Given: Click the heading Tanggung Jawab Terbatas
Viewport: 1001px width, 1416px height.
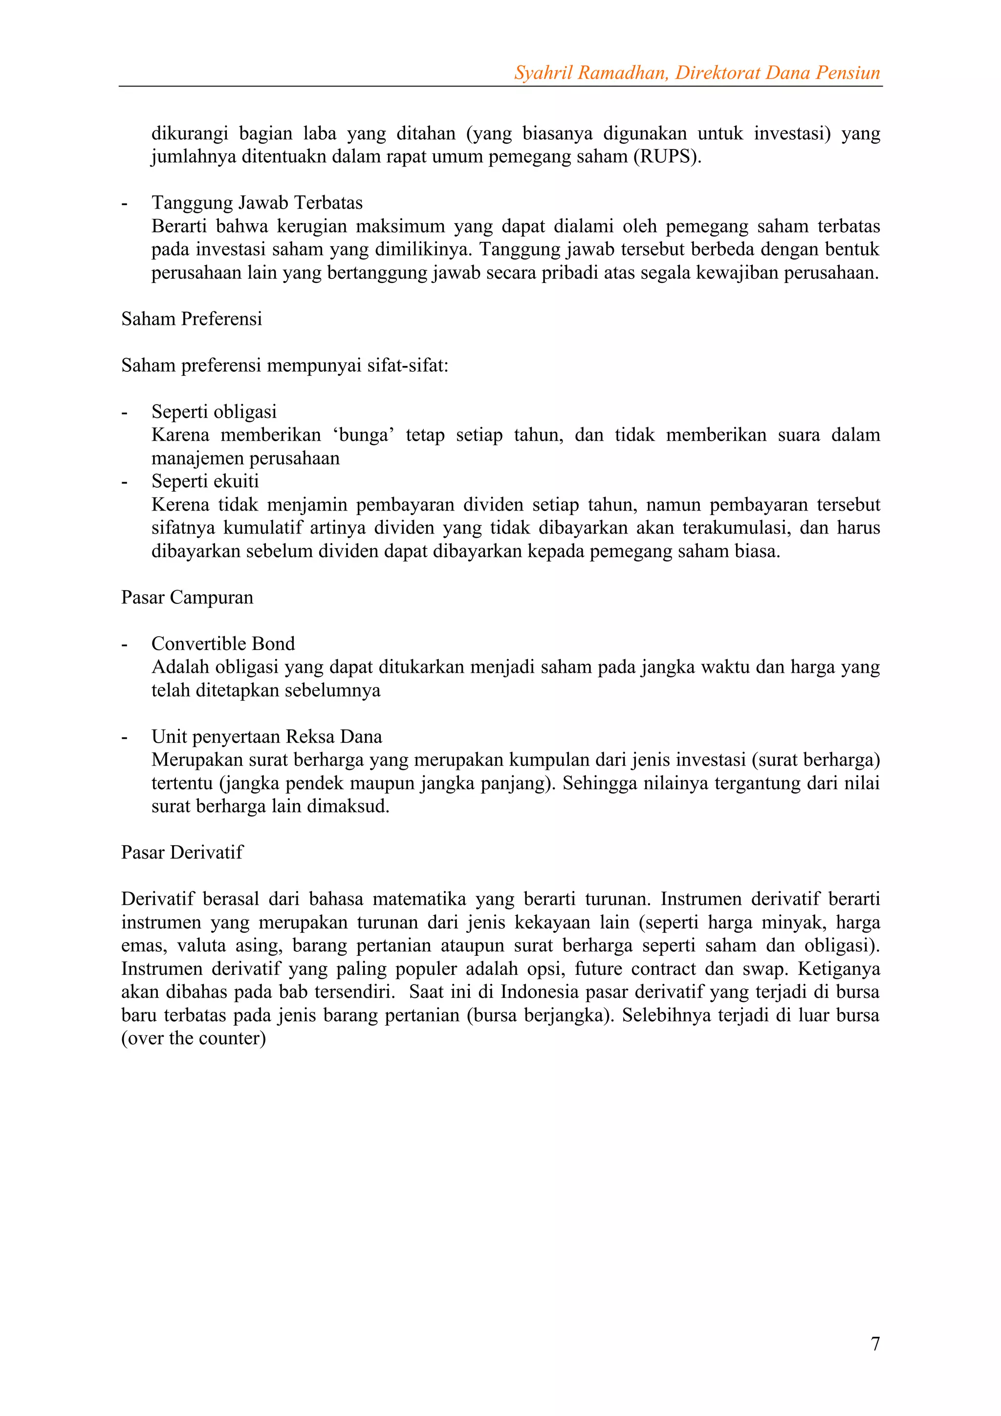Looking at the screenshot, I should [257, 203].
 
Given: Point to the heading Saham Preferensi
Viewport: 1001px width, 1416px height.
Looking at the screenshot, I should [191, 319].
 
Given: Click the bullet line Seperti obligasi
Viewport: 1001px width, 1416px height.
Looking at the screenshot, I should [214, 412].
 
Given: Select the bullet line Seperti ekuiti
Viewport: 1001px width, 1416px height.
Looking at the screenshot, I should [205, 481].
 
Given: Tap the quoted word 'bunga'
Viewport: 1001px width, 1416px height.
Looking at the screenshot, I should [364, 435].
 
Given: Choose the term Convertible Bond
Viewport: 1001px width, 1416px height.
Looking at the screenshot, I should [223, 644].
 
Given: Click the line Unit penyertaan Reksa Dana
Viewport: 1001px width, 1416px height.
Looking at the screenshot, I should [266, 736].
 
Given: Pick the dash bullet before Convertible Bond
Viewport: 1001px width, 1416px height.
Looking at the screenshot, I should [125, 644].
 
